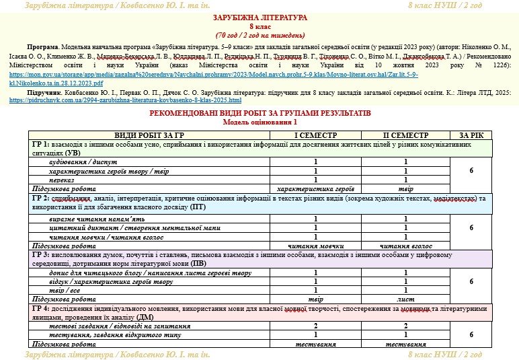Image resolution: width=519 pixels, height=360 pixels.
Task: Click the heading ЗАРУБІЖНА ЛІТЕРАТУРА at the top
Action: coord(259,17)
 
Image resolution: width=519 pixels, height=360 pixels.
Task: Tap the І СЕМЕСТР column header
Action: coord(315,135)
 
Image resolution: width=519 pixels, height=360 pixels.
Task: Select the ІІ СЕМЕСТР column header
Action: coord(405,135)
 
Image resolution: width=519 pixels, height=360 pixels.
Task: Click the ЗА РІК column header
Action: coord(471,135)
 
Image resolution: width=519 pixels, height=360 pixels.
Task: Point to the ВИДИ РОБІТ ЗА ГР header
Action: coord(149,135)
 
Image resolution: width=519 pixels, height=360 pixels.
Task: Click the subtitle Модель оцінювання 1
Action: coord(259,122)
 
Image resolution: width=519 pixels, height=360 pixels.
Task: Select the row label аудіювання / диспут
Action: coord(79,162)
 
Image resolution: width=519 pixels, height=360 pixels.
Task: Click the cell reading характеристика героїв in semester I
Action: coord(315,189)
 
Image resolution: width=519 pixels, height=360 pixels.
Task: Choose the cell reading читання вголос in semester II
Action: coord(405,246)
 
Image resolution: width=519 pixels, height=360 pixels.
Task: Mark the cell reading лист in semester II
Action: coord(405,299)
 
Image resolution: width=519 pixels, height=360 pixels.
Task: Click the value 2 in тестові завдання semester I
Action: coord(315,326)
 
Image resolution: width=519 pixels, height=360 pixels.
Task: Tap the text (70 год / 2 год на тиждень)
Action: coord(259,34)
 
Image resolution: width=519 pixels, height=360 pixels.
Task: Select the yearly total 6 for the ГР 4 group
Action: coord(471,334)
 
